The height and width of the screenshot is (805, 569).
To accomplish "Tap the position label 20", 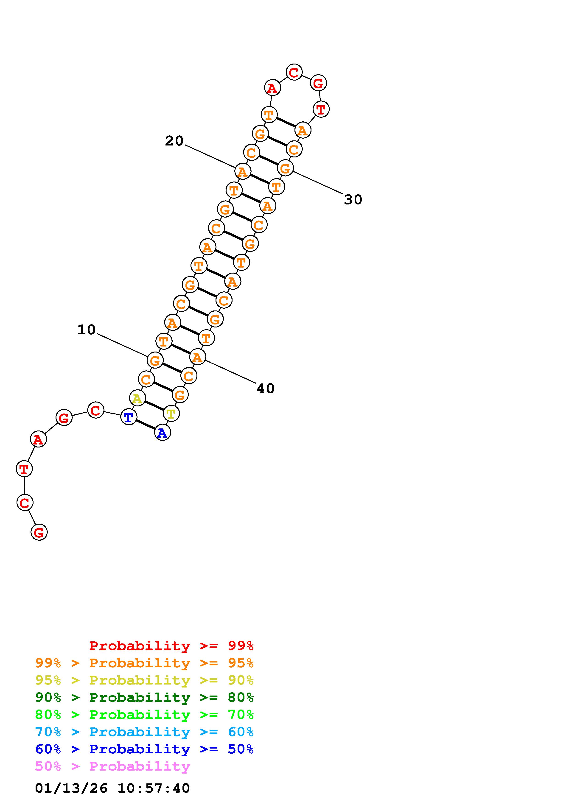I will pyautogui.click(x=174, y=141).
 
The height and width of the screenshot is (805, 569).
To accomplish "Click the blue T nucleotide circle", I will pyautogui.click(x=129, y=417).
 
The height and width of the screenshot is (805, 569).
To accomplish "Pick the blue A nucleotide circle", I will pyautogui.click(x=162, y=433).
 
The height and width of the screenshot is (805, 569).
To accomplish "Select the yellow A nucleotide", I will pyautogui.click(x=137, y=398).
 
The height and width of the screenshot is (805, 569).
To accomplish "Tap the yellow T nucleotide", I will pyautogui.click(x=171, y=414).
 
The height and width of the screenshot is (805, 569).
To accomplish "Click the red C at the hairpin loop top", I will pyautogui.click(x=294, y=72).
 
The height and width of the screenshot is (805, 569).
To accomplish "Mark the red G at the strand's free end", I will pyautogui.click(x=39, y=532).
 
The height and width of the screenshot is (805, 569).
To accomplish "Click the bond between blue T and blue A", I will pyautogui.click(x=146, y=425).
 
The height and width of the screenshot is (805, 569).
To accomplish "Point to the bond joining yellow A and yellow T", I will pyautogui.click(x=154, y=406).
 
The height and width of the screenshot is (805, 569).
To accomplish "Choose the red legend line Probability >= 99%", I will pyautogui.click(x=171, y=646).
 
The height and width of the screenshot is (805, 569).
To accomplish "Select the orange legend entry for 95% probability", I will pyautogui.click(x=144, y=663).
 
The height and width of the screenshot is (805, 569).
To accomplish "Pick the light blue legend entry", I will pyautogui.click(x=144, y=732).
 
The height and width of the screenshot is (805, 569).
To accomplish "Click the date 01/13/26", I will pyautogui.click(x=71, y=788).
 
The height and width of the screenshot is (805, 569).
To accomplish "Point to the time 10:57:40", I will pyautogui.click(x=154, y=788).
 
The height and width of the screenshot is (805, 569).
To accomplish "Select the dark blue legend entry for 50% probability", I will pyautogui.click(x=144, y=749).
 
